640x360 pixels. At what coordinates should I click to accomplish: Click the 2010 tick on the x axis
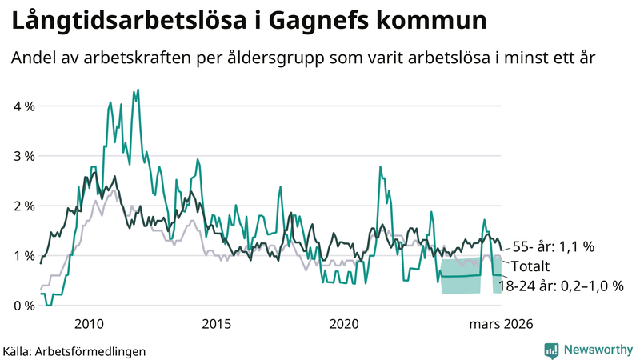pos(89,323)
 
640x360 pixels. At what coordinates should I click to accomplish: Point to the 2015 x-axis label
pos(217,323)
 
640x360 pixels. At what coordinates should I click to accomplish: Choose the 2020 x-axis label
pos(345,323)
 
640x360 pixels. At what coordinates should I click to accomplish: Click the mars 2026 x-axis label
pos(500,323)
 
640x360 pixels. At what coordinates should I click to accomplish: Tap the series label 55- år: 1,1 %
pos(551,247)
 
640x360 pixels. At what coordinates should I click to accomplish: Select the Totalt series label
pos(530,266)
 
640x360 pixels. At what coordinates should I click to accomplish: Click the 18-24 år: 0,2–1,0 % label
pos(561,286)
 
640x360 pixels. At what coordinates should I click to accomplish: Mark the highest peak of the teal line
pos(138,90)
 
